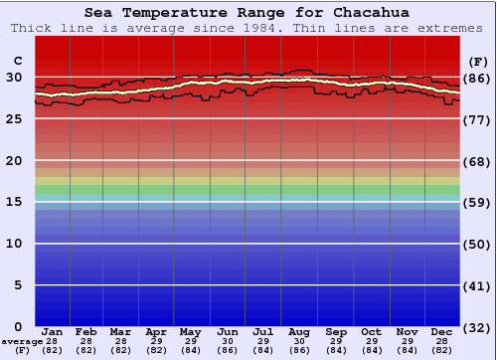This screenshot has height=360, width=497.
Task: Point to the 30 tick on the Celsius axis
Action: [x=14, y=77]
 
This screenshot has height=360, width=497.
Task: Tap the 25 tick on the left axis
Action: [x=14, y=118]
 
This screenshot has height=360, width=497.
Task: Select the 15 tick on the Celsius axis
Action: [x=14, y=202]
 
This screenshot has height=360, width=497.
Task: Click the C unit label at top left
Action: [x=17, y=61]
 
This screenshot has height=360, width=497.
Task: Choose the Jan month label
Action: [x=53, y=331]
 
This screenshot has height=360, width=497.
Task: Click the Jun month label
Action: [x=228, y=331]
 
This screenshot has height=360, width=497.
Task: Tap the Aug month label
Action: [x=300, y=331]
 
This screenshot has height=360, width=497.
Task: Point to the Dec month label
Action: [x=442, y=331]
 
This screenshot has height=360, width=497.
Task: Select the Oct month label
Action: [x=371, y=331]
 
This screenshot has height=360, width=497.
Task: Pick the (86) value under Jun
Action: [x=228, y=350]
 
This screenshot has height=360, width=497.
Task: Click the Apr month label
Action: [x=156, y=331]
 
